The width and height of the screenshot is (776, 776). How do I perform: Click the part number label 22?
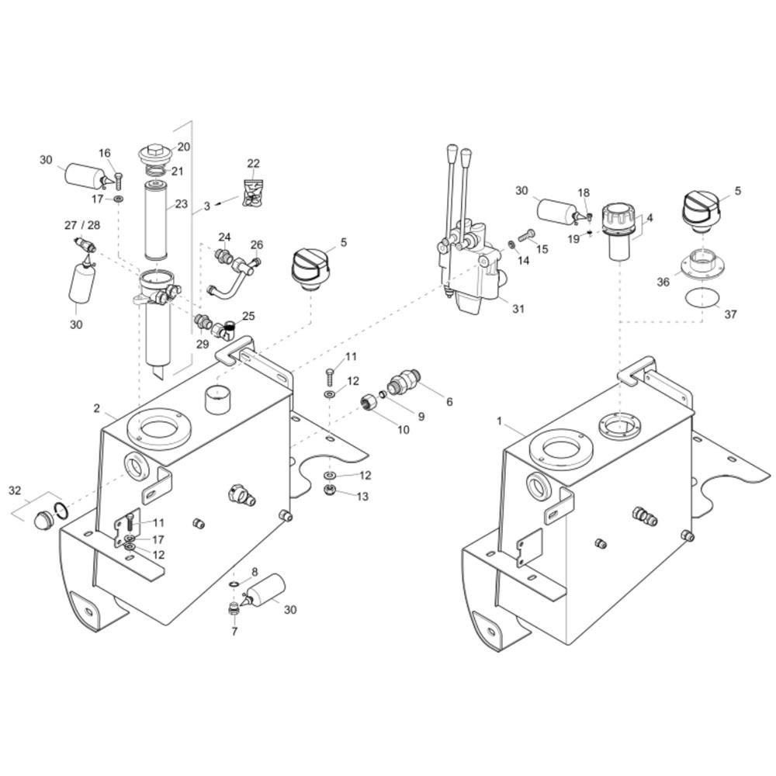[254, 163]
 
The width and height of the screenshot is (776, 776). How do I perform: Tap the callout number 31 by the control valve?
[518, 309]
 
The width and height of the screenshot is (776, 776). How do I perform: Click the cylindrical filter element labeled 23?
[157, 220]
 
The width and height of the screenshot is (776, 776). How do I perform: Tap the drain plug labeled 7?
[234, 610]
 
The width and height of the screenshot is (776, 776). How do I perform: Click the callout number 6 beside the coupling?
[449, 402]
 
